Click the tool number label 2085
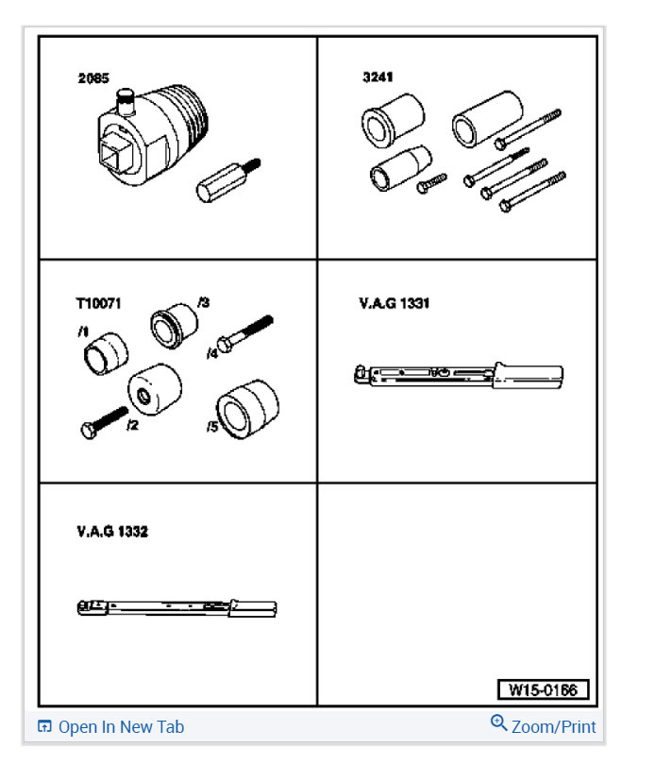click(x=92, y=78)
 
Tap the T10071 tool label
click(x=98, y=304)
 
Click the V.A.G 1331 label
click(x=394, y=304)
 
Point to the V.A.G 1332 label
click(x=111, y=532)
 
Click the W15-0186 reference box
click(x=543, y=689)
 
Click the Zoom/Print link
click(x=553, y=727)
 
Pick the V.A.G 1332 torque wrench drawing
click(x=176, y=607)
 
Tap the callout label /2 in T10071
click(x=132, y=425)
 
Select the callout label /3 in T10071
click(x=203, y=302)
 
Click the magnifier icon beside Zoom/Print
click(x=498, y=723)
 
